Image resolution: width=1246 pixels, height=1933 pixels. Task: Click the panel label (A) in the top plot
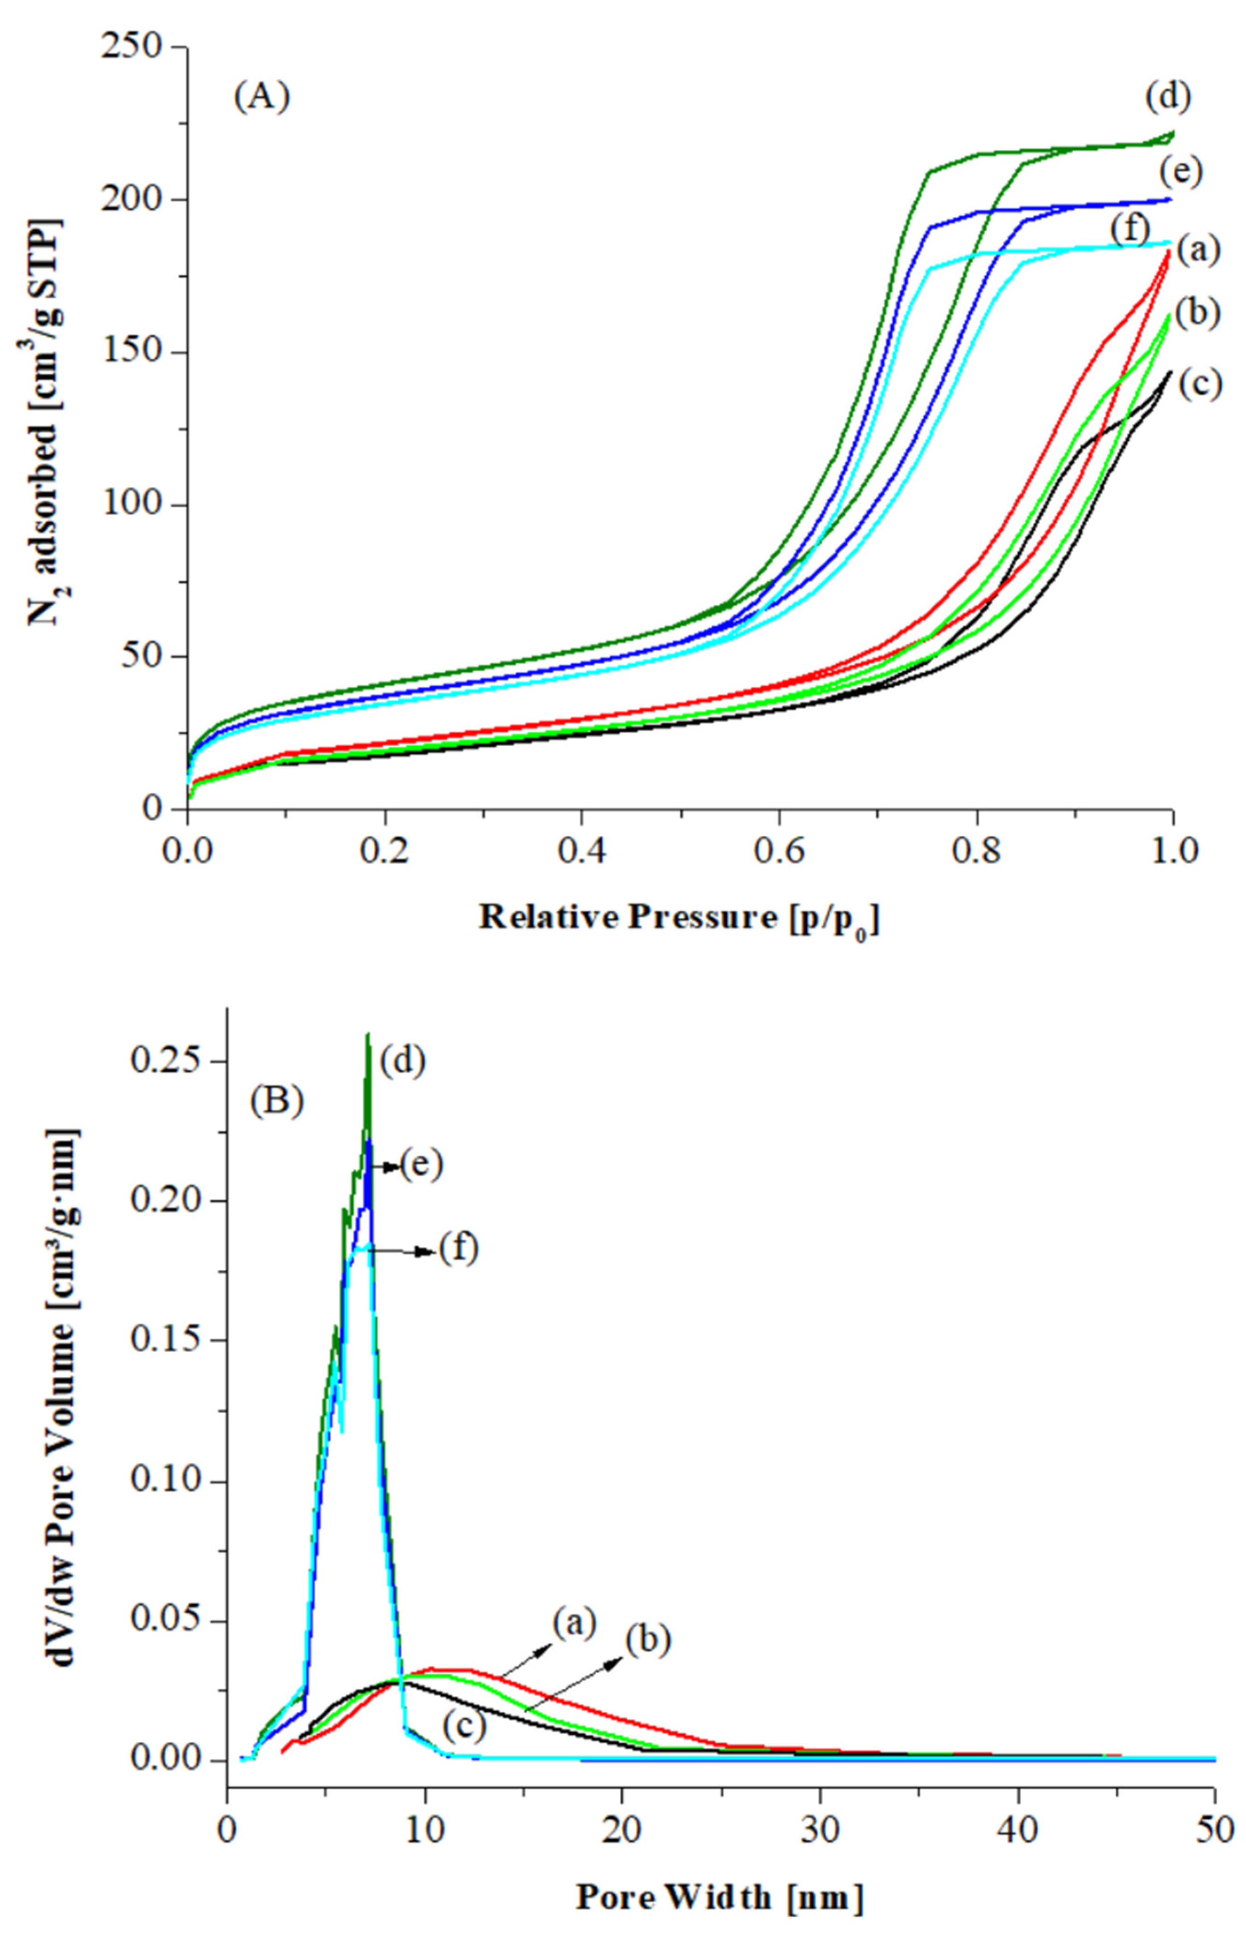[262, 98]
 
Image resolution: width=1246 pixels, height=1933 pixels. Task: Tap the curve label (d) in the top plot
[1168, 97]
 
